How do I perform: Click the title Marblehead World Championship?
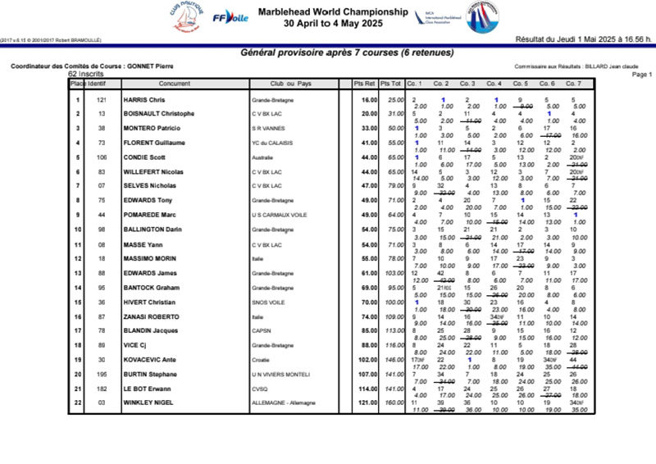pos(332,12)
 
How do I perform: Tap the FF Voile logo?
pos(230,17)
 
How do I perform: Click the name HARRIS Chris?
pos(143,100)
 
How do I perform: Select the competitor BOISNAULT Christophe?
pos(158,113)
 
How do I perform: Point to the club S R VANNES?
pos(268,128)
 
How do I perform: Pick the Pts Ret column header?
pos(364,84)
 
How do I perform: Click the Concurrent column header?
pos(175,84)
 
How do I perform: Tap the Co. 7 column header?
pos(573,84)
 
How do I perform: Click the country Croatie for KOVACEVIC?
pos(262,360)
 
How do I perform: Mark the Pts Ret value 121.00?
pos(367,403)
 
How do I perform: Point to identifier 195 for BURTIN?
pos(102,375)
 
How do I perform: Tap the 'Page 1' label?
pos(642,74)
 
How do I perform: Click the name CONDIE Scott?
pos(145,157)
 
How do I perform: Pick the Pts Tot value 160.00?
pos(394,403)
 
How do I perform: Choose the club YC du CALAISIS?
pos(271,143)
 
